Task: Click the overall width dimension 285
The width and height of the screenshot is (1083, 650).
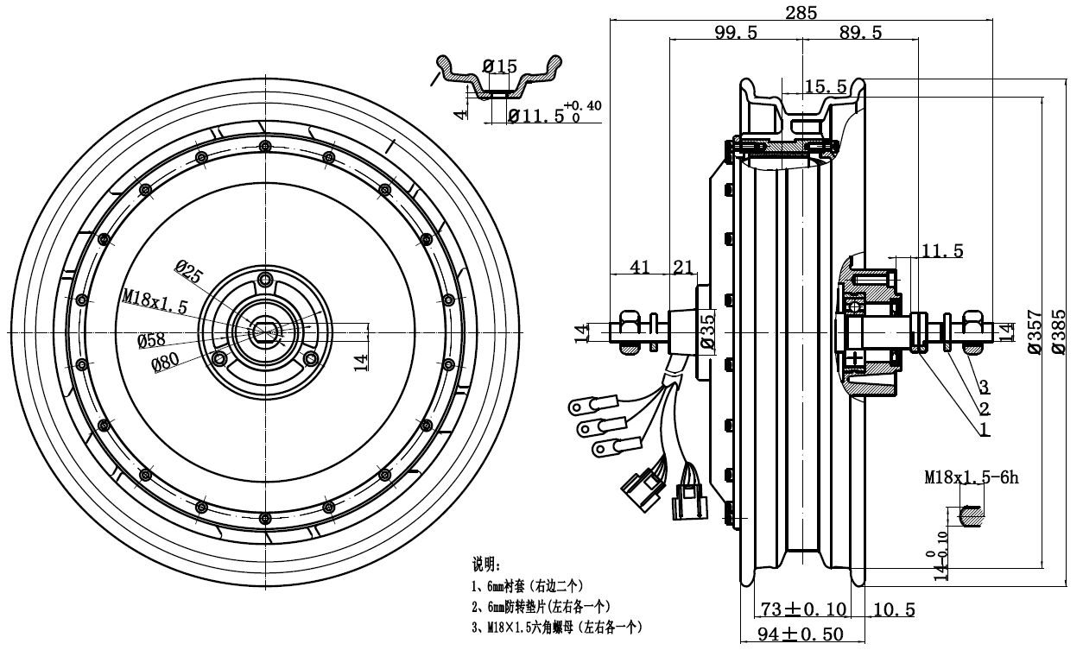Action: (801, 12)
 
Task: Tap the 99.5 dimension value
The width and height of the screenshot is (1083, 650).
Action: (736, 33)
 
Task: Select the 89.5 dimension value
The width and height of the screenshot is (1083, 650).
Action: (860, 33)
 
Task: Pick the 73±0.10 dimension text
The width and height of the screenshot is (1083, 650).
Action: (803, 609)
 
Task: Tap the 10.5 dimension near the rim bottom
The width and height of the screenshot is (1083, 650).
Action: (894, 610)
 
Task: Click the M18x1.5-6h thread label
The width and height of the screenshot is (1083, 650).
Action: (972, 477)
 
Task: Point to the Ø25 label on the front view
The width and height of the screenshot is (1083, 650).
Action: (189, 271)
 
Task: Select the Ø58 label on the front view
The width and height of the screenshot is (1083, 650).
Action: (151, 340)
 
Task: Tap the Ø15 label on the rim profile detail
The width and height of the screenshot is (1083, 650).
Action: (500, 66)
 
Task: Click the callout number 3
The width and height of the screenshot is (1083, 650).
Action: (985, 387)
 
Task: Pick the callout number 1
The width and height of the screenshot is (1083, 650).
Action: (985, 429)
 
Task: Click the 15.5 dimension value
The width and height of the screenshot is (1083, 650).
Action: (826, 86)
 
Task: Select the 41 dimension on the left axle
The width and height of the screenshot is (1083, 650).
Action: (640, 268)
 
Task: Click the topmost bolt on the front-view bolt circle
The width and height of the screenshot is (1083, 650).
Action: (265, 146)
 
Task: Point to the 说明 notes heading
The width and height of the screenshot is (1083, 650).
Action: (486, 564)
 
